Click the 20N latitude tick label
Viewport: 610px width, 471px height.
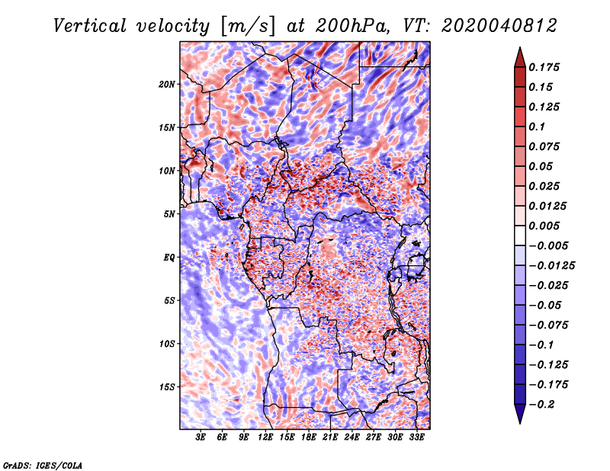click(167, 84)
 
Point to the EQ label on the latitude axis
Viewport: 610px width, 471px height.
click(169, 258)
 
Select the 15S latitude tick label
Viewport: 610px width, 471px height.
click(167, 387)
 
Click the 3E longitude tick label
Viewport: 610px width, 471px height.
click(201, 438)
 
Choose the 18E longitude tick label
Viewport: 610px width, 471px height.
click(309, 438)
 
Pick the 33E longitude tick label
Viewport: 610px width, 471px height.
click(416, 438)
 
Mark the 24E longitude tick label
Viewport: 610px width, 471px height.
click(352, 438)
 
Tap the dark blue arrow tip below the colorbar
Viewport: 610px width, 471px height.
click(519, 417)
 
